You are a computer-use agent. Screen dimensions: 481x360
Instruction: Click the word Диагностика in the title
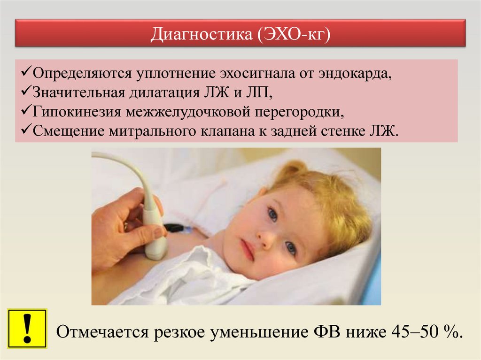(201, 34)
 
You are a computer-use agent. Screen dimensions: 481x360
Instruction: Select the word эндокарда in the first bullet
(355, 73)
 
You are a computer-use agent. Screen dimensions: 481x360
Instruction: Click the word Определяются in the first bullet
(82, 74)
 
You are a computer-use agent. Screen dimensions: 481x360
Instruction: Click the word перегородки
(299, 112)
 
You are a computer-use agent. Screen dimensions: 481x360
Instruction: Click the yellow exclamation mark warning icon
(27, 329)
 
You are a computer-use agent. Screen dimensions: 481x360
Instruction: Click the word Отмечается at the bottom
(103, 332)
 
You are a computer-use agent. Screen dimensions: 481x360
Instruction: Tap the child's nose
(265, 236)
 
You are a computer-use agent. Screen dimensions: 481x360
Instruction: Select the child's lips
(248, 249)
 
